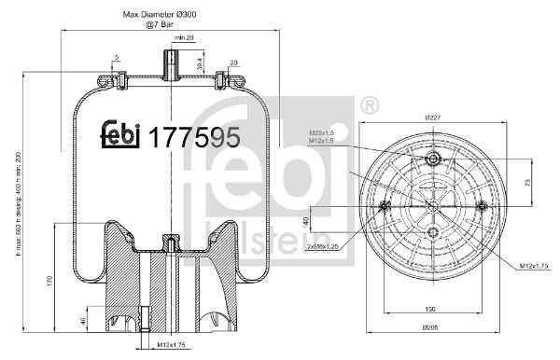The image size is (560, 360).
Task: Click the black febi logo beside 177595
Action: pos(120,136)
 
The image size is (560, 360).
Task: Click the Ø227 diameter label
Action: pos(432,118)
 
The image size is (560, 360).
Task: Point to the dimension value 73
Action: pos(527,183)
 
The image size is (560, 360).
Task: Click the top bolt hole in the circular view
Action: pos(432,160)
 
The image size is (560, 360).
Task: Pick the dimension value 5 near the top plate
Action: pos(117,59)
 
